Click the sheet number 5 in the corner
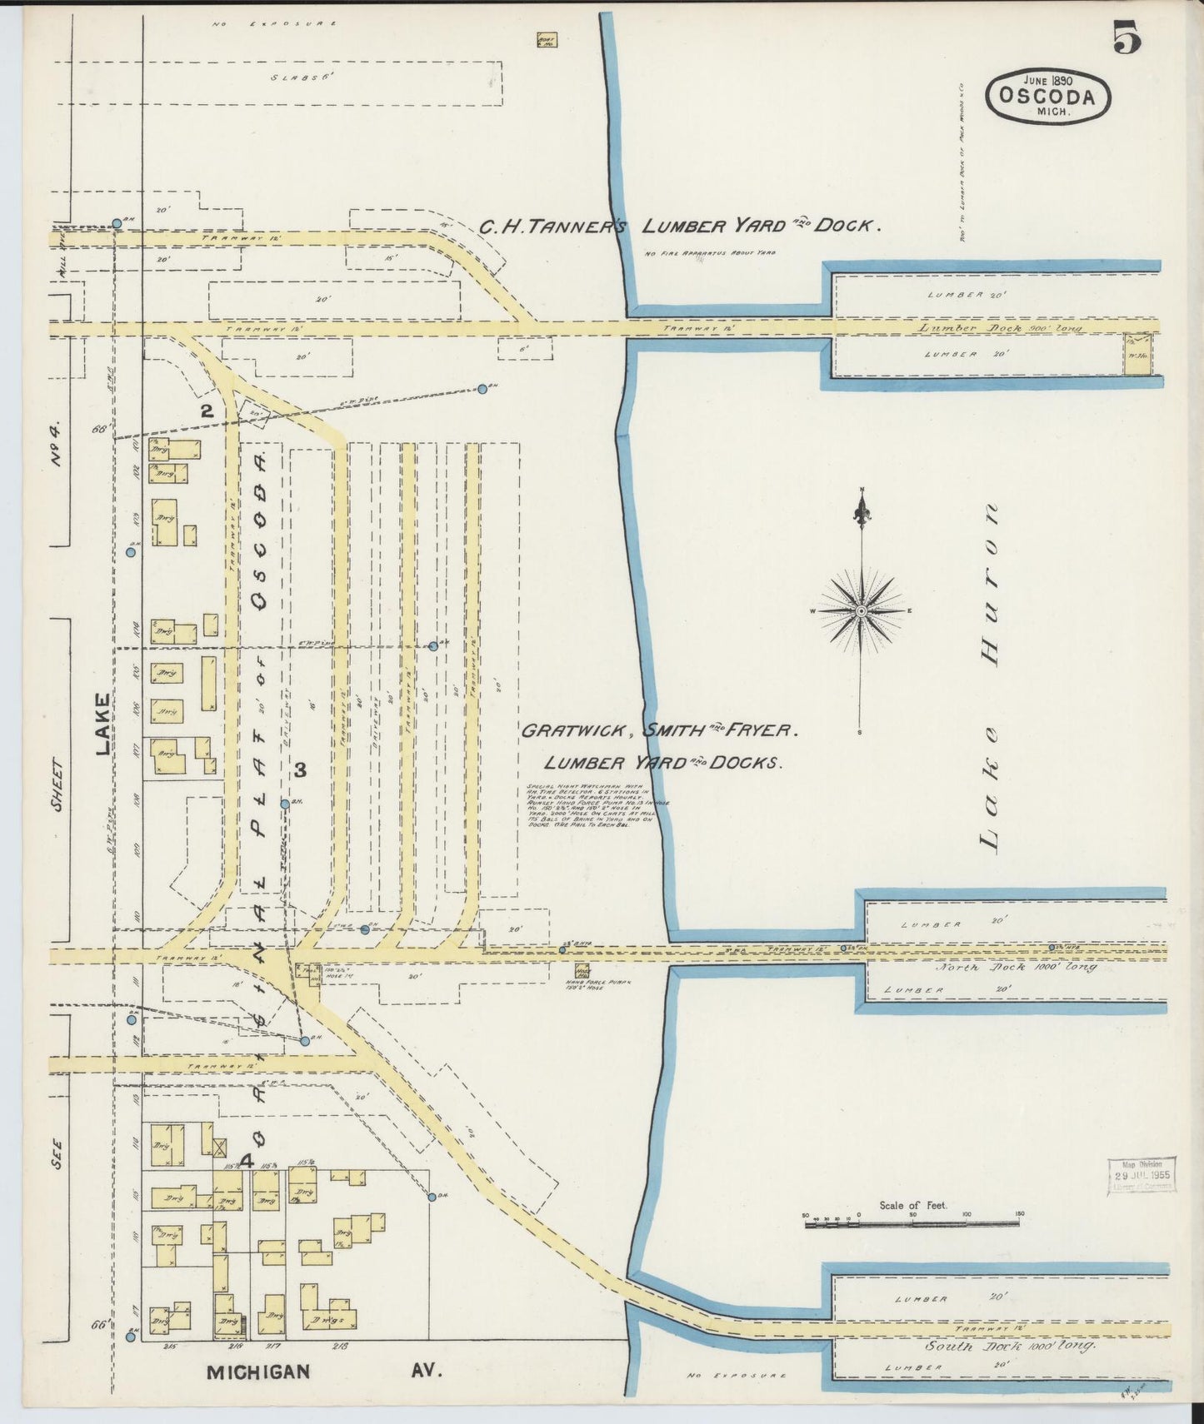point(1125,37)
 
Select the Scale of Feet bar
point(912,1223)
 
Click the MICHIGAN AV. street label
point(324,1371)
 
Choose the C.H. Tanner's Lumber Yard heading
point(678,226)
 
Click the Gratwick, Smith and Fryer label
point(660,731)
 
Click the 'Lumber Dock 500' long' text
point(1000,328)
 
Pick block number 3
point(300,769)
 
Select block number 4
point(246,1159)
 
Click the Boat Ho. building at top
point(547,40)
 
